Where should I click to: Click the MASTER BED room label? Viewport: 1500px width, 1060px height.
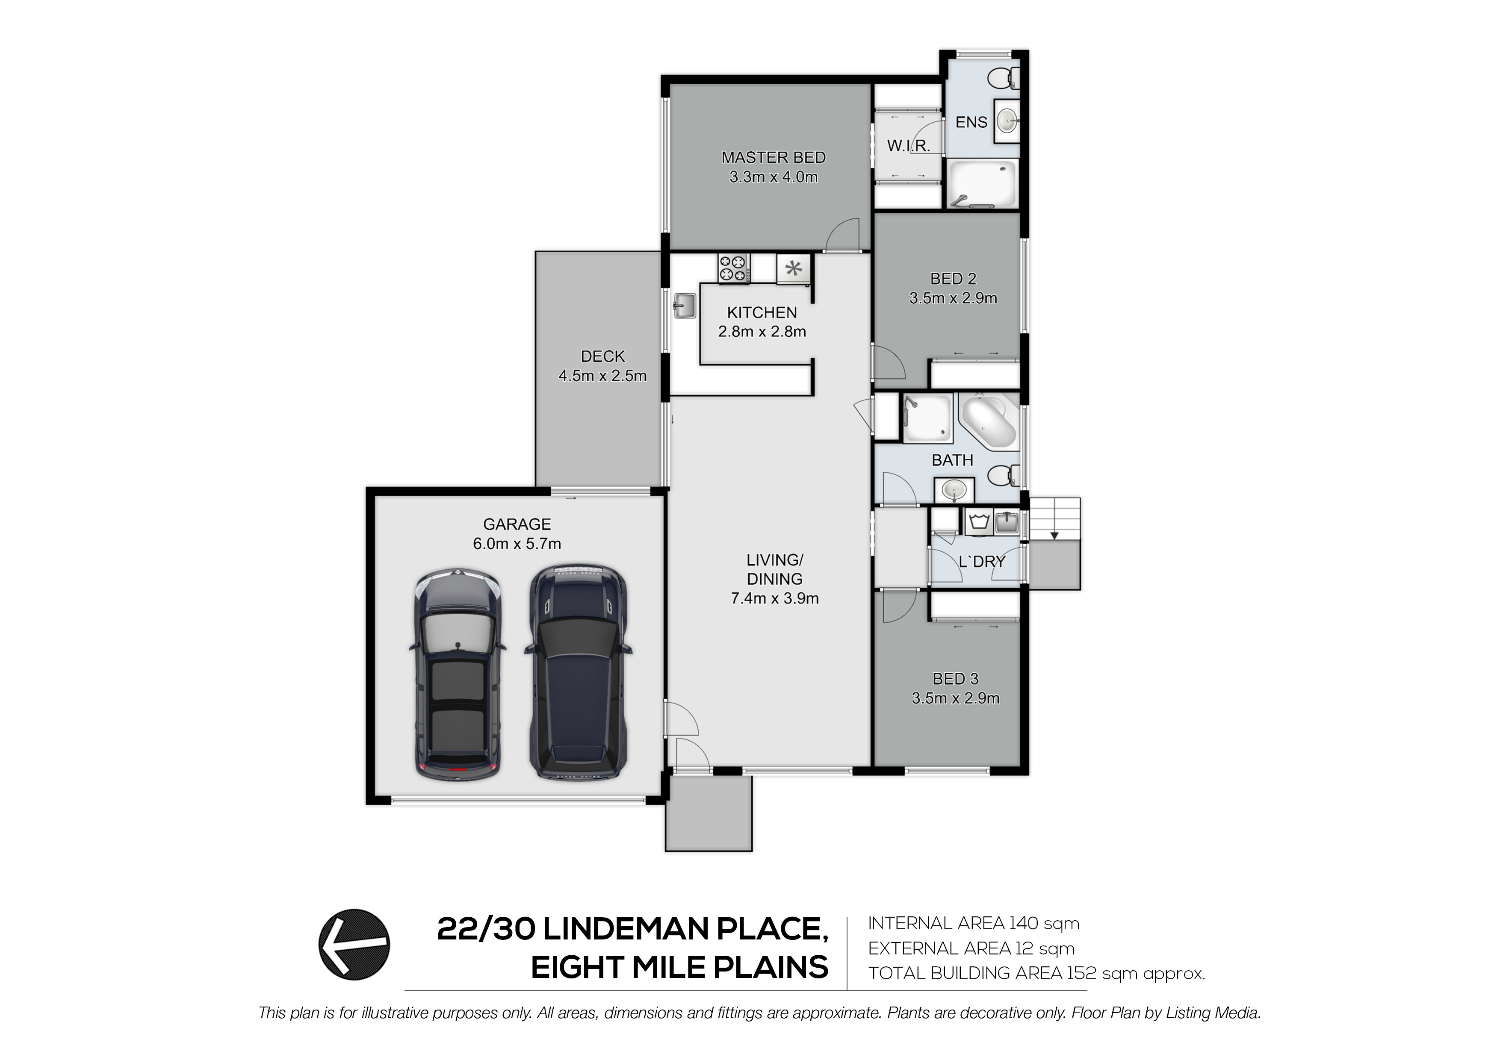(774, 157)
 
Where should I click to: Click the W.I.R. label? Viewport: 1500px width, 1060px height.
(908, 146)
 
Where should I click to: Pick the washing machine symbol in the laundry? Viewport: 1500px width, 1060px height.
(978, 522)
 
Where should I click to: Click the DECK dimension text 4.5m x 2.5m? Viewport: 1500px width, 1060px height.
(602, 376)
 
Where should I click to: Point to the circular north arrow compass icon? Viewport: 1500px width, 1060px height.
(354, 945)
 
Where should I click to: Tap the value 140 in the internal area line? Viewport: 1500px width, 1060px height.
(1024, 924)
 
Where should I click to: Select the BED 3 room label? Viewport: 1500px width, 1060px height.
(956, 679)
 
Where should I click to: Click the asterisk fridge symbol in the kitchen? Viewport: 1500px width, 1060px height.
(793, 268)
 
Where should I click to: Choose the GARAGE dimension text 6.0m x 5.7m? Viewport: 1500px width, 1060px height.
(517, 543)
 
